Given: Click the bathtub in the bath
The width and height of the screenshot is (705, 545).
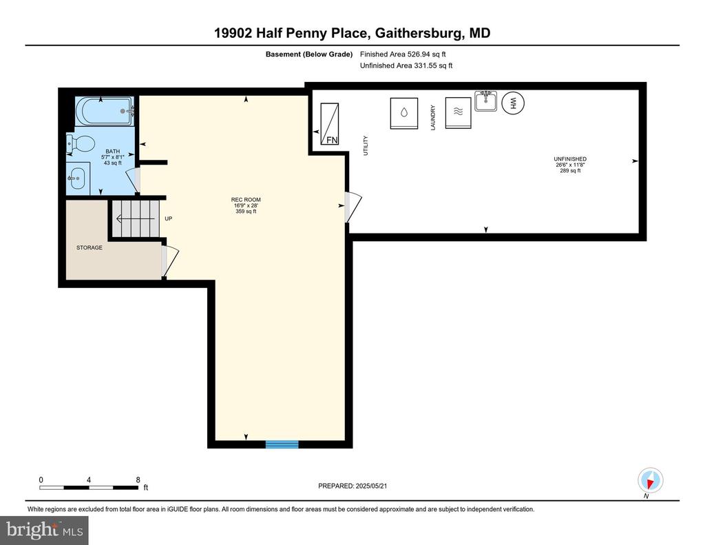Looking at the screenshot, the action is (x=105, y=111).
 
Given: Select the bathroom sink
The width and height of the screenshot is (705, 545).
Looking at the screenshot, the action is (x=77, y=178).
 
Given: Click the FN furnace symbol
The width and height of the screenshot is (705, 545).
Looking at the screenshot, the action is (x=329, y=124).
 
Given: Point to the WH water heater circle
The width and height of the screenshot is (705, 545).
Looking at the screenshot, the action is (x=513, y=103).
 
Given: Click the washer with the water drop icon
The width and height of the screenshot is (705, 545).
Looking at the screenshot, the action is (x=403, y=113).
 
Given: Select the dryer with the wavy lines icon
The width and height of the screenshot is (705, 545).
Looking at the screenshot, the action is (x=458, y=113).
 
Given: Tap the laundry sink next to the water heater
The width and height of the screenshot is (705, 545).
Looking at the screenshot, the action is (x=486, y=101).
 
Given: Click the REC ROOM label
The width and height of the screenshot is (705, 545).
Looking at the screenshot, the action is (x=246, y=200).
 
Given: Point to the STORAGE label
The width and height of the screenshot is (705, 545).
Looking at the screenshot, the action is (x=89, y=247).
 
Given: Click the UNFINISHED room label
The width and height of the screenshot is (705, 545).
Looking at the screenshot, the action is (x=569, y=159).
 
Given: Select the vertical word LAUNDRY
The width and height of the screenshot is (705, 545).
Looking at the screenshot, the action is (x=433, y=118).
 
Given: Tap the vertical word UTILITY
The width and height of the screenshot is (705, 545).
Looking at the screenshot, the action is (x=365, y=145).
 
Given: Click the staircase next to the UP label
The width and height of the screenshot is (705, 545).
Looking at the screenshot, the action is (x=136, y=218).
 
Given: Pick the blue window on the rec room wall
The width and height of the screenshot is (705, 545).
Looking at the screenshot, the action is (x=282, y=444).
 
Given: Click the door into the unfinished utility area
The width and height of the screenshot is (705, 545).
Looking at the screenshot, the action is (x=353, y=207).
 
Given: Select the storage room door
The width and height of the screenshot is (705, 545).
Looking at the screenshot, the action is (x=171, y=261).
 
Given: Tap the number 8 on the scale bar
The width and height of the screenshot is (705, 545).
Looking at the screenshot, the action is (x=138, y=480).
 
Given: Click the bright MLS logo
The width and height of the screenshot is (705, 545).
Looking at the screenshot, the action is (x=44, y=530).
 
